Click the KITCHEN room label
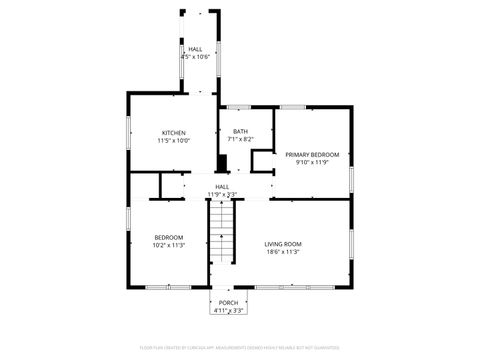173,133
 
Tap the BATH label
240,131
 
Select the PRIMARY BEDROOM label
311,154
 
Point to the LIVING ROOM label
283,244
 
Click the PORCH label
229,303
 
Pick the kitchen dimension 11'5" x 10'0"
173,141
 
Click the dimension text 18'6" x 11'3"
283,252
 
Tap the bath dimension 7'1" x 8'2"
240,139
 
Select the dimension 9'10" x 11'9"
311,162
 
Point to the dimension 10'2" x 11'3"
167,245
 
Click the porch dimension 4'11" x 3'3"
229,311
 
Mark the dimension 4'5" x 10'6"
194,57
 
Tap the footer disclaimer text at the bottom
239,347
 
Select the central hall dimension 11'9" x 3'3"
222,194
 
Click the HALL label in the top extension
194,49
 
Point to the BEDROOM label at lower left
167,237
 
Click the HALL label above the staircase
222,186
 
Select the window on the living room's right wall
352,245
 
